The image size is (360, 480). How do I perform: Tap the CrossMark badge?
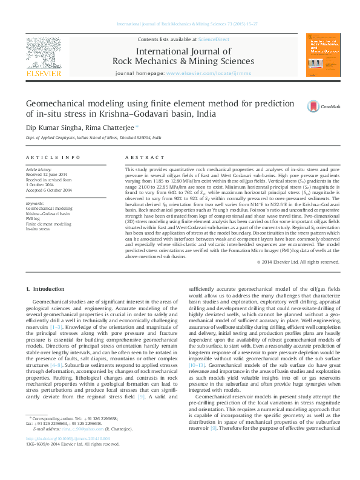(x=321, y=106)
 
